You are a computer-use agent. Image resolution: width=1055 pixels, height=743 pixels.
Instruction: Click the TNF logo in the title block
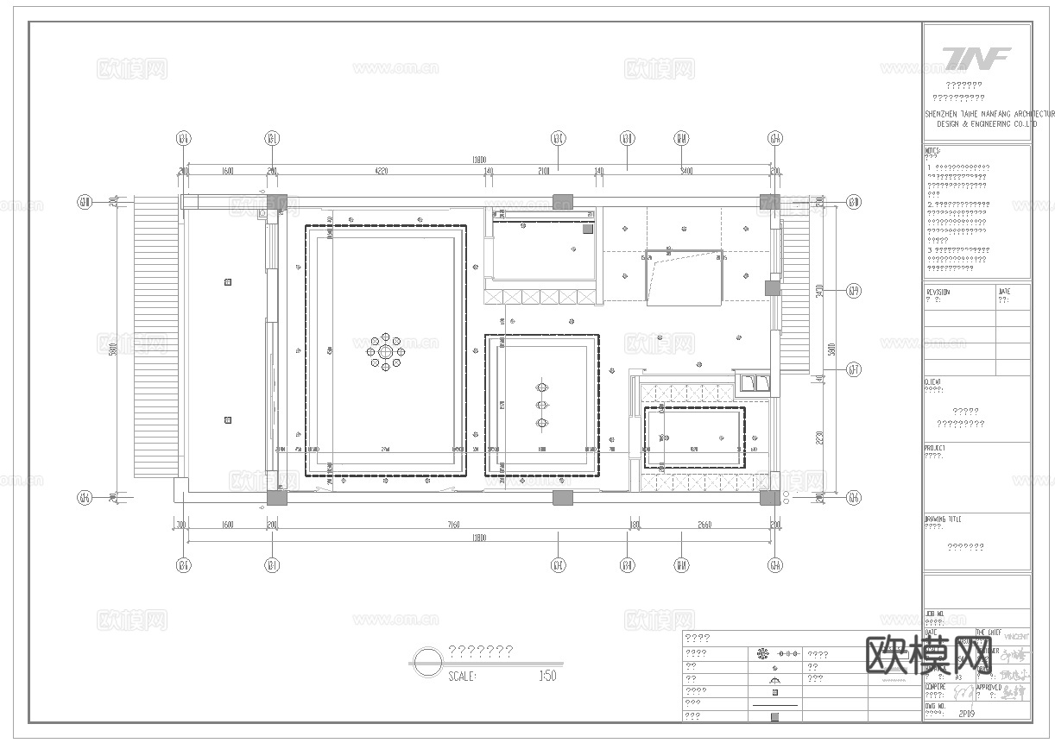pos(976,58)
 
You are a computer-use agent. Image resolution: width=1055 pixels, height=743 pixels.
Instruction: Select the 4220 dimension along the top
pos(381,172)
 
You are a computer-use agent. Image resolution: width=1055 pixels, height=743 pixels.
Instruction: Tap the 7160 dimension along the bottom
pos(452,525)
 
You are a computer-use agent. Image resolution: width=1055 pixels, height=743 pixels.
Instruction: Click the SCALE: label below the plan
pos(463,677)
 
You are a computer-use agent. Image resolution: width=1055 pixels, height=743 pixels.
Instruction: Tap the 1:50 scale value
pos(546,677)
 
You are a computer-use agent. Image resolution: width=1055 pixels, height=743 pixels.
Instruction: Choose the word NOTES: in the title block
pos(933,150)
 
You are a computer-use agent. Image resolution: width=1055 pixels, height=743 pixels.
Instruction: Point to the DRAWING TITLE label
pos(942,519)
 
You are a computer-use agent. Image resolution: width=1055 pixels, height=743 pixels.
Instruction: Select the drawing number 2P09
pos(969,714)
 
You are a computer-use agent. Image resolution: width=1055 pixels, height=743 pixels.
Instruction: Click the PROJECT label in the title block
pos(935,449)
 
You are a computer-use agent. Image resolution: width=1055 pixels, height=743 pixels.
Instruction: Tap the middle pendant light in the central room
pos(542,405)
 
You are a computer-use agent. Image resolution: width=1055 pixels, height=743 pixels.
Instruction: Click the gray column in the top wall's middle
pos(562,202)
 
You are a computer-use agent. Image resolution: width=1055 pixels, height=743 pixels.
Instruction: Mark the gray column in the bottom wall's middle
pos(562,497)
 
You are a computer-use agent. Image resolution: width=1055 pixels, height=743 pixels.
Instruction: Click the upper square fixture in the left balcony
pos(228,281)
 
